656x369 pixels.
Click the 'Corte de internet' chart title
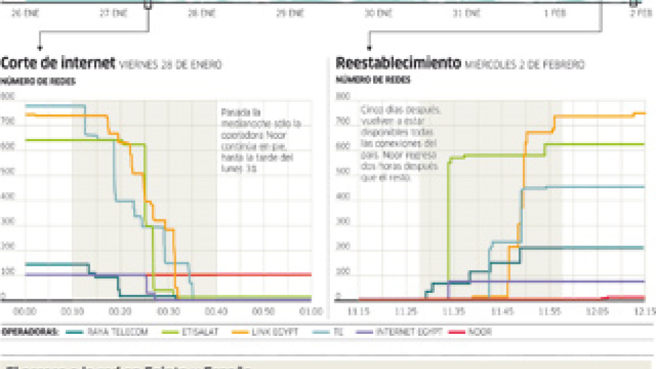tap(58, 64)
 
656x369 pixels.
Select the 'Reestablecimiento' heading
tap(398, 64)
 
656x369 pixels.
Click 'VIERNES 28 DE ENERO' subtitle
tap(170, 65)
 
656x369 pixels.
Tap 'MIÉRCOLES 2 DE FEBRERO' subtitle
tap(524, 65)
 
